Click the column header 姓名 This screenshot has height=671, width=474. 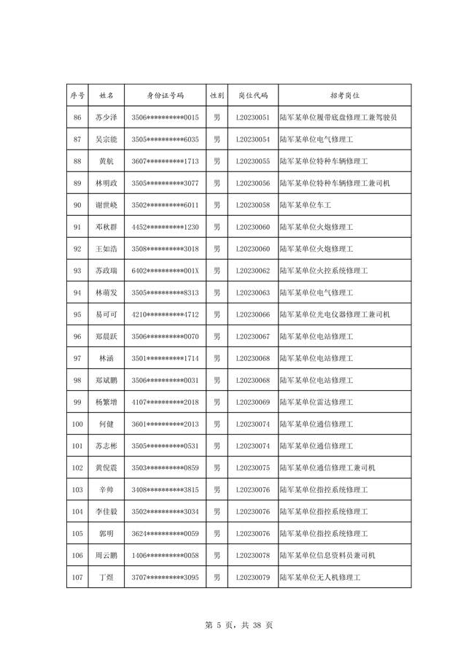click(x=106, y=96)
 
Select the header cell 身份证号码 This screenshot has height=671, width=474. click(x=166, y=96)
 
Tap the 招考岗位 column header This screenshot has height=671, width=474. click(x=344, y=96)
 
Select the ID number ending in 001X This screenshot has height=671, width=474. click(x=166, y=271)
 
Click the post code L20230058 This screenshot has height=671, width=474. click(x=253, y=205)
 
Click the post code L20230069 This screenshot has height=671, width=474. click(x=253, y=402)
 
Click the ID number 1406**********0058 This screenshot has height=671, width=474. click(x=166, y=555)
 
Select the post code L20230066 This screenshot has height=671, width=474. click(x=253, y=314)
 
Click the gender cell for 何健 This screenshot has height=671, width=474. click(x=217, y=424)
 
